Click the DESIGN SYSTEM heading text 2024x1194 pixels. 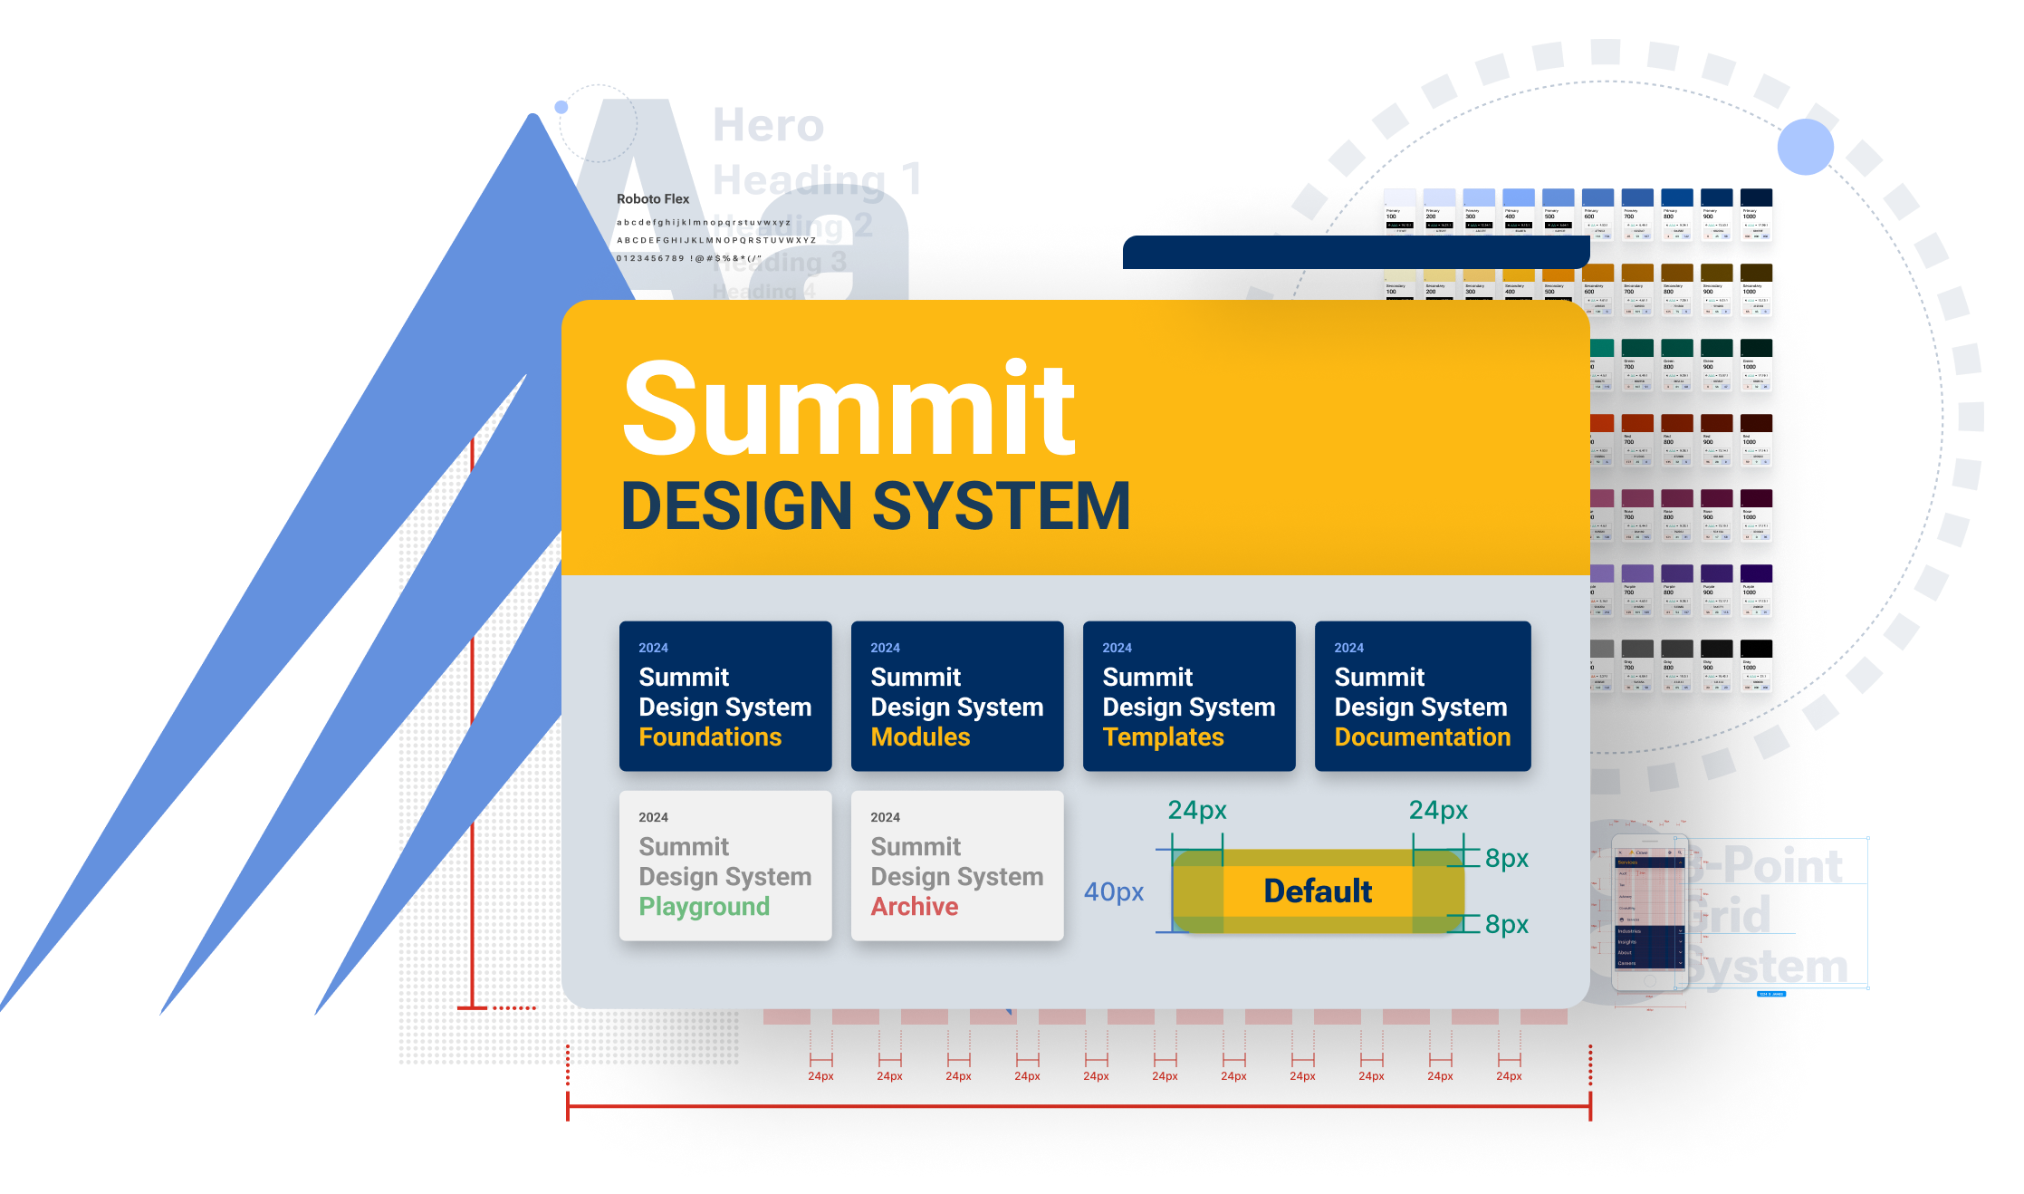[x=876, y=506]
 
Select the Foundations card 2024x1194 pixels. [x=725, y=696]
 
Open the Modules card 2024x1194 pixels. [x=957, y=696]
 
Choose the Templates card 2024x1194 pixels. [x=1189, y=696]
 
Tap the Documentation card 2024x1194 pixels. [x=1423, y=696]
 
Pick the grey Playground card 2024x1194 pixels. [x=725, y=865]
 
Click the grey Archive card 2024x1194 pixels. [x=957, y=865]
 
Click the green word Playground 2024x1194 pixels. [x=705, y=907]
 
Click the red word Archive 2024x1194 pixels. [x=915, y=907]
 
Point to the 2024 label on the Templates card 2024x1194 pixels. [x=1117, y=648]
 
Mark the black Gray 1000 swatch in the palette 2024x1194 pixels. [x=1756, y=666]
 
